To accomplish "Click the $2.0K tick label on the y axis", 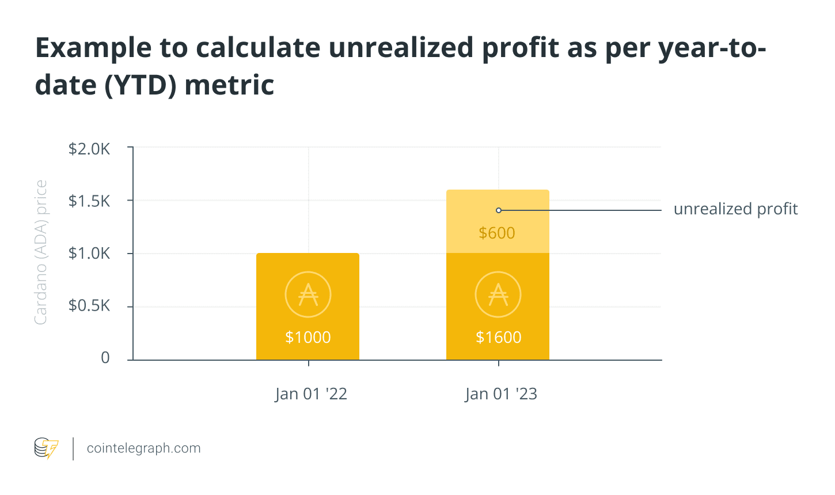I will [x=89, y=149].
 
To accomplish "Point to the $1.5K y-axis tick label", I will [x=89, y=201].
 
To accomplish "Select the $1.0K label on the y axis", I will [x=89, y=254].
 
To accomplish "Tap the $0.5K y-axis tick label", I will [x=89, y=305].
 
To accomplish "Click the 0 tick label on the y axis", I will [x=105, y=358].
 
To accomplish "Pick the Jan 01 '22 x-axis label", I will [x=311, y=394].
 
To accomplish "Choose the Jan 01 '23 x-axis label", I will [x=501, y=394].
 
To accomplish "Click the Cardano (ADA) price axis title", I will [x=40, y=252].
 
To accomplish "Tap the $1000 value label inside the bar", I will [x=308, y=337].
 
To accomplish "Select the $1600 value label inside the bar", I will [x=498, y=337].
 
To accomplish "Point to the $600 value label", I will [x=497, y=233].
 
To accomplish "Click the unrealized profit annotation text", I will [x=735, y=209].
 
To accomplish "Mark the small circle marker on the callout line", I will [x=499, y=210].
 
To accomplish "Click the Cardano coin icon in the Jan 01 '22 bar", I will [x=308, y=294].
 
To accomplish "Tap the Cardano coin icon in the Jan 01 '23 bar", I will [x=498, y=294].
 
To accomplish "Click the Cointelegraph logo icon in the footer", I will [x=46, y=448].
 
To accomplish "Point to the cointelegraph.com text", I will [x=143, y=448].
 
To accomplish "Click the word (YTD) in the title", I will [x=140, y=85].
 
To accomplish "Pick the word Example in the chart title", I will [x=92, y=48].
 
